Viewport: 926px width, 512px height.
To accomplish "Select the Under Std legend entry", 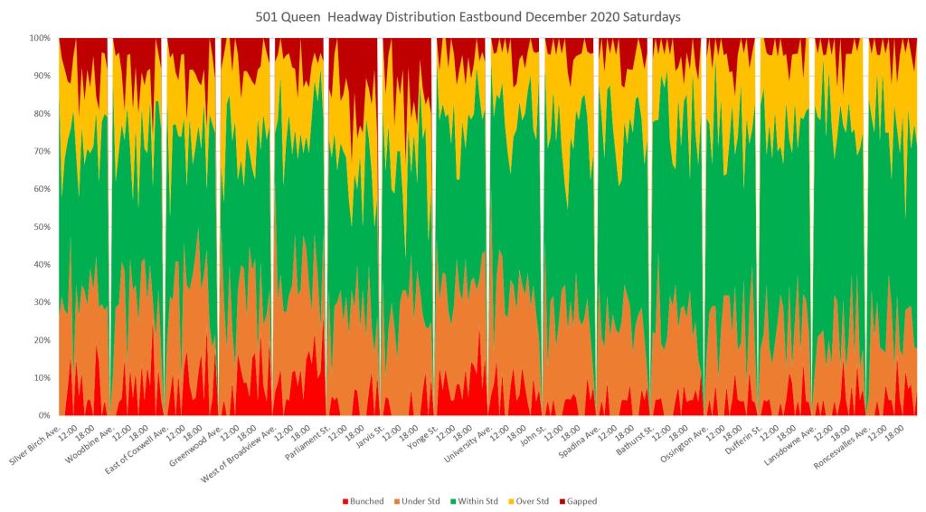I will pos(418,500).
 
